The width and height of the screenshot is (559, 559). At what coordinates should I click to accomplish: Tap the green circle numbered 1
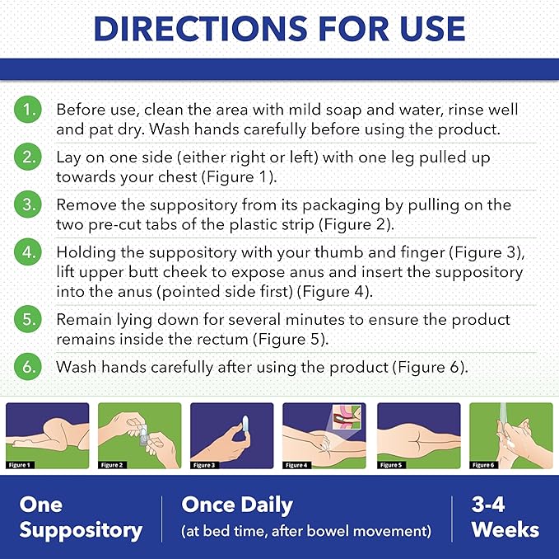tap(28, 110)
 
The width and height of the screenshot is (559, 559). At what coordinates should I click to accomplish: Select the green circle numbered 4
tap(28, 252)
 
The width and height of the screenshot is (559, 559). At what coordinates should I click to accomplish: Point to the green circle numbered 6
tap(28, 367)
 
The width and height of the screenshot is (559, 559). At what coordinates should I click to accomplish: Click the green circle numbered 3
tap(28, 205)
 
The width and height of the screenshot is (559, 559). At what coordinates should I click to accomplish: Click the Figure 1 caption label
tap(20, 465)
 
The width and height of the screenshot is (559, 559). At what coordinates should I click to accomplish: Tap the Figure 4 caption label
tap(297, 465)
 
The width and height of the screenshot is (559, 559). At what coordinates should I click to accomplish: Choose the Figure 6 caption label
tap(484, 465)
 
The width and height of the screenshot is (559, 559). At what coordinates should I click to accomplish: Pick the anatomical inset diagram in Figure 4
tap(346, 416)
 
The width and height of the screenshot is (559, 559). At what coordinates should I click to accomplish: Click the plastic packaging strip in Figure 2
tap(143, 435)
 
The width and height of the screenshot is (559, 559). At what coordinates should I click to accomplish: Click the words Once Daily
tap(237, 505)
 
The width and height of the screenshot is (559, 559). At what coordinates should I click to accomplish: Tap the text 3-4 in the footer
tap(488, 505)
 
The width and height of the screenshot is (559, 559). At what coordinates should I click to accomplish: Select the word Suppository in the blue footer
tap(81, 531)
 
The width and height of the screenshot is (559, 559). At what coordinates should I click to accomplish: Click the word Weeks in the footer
tap(505, 529)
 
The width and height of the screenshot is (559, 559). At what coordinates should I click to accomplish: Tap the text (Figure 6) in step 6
tap(431, 368)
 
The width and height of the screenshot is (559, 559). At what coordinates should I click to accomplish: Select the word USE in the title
tap(432, 29)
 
